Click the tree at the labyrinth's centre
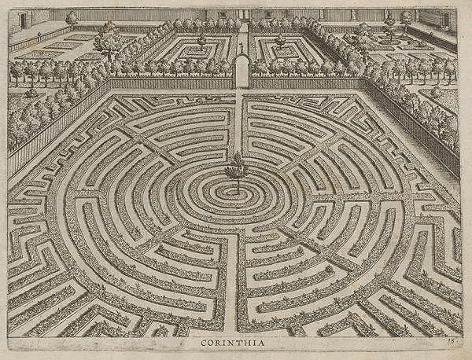pos(236,169)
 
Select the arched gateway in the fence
pos(242,72)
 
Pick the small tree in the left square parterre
pos(201,39)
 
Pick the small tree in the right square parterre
pos(280,39)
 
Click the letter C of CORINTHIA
pos(204,342)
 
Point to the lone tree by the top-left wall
pos(72,17)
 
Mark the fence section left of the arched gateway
pos(173,83)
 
